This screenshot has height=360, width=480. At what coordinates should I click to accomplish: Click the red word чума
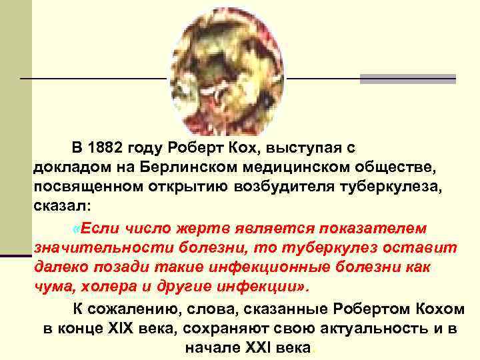point(50,287)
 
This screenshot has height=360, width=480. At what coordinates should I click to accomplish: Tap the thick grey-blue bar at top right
point(407,79)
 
